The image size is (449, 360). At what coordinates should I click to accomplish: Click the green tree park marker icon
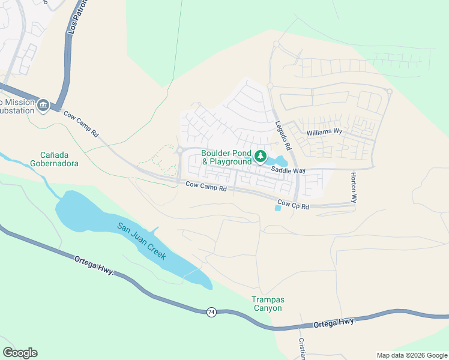(x=261, y=157)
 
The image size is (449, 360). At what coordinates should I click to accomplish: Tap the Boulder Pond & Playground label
(x=226, y=157)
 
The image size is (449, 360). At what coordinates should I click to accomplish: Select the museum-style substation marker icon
(x=43, y=106)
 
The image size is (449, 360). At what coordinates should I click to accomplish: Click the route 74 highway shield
(x=211, y=312)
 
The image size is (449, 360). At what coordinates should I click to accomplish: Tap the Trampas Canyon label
(x=267, y=304)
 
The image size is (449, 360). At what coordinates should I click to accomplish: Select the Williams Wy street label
(x=324, y=131)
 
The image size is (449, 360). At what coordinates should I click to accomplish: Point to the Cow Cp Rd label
(x=293, y=206)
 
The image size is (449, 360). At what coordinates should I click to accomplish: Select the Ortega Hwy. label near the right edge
(x=335, y=323)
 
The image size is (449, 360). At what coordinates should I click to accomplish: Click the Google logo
(x=20, y=353)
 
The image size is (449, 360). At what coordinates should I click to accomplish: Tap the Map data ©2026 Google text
(x=412, y=355)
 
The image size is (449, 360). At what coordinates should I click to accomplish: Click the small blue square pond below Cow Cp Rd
(x=277, y=208)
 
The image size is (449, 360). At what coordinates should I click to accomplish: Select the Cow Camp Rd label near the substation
(x=81, y=123)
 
